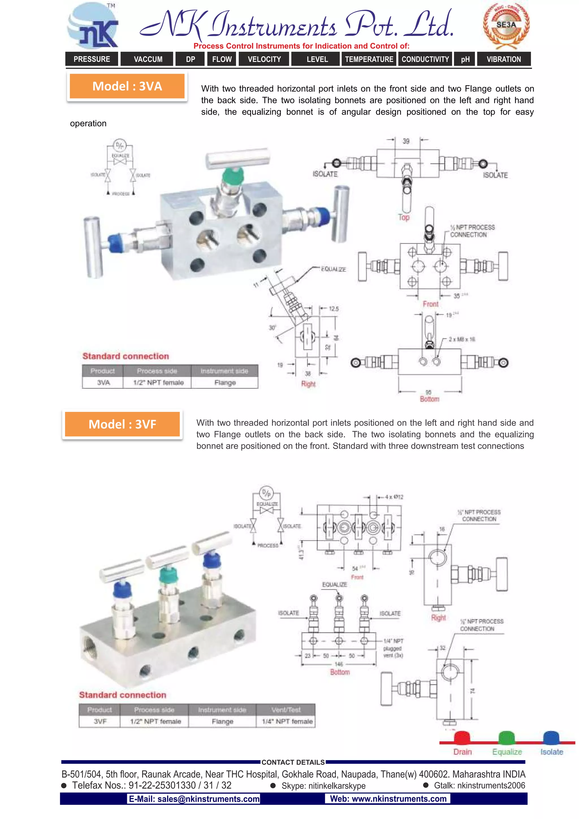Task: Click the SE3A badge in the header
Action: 506,25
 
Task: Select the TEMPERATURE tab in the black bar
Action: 369,59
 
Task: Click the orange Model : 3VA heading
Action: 127,86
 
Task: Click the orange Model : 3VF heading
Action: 122,424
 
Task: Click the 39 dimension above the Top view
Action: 406,141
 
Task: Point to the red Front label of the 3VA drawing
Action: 431,304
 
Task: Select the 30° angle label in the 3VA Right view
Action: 272,327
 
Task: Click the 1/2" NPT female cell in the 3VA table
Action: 158,382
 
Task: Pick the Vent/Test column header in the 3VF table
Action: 286,710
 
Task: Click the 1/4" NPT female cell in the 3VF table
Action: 287,721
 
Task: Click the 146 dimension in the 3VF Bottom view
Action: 339,664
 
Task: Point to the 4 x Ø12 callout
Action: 394,497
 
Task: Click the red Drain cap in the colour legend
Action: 462,737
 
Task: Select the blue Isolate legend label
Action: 552,752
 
